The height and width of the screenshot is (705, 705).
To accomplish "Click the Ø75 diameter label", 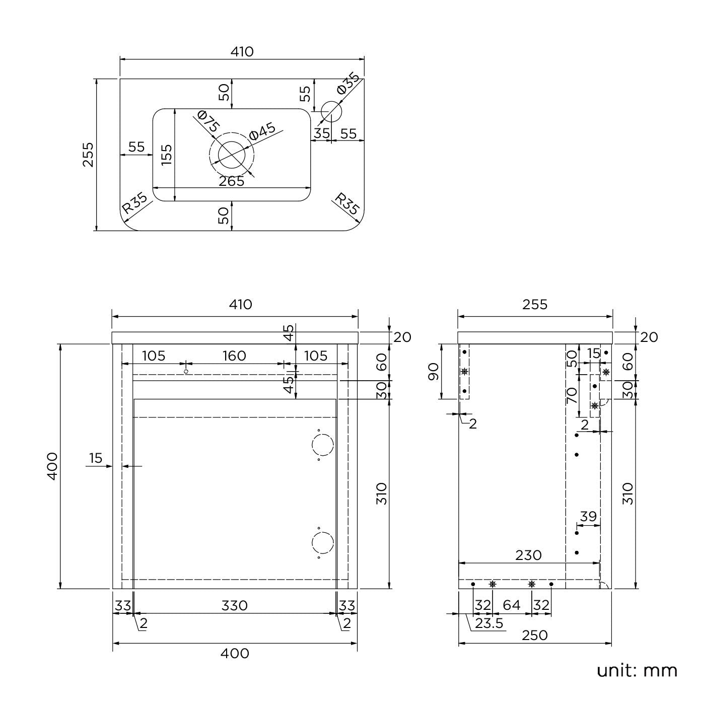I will tap(208, 122).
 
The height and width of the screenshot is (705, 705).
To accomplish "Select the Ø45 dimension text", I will tap(262, 132).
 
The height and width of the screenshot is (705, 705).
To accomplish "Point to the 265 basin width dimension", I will tap(232, 181).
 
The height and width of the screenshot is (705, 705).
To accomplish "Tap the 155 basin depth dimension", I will tap(167, 154).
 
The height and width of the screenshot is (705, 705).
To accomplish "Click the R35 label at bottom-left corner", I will tap(135, 203).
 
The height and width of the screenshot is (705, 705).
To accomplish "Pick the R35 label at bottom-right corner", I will tap(347, 203).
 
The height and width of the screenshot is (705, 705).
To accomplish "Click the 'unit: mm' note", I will tap(637, 670).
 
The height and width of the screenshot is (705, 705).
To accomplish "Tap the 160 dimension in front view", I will tap(234, 356).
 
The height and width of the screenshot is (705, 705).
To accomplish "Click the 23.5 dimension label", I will tap(489, 623).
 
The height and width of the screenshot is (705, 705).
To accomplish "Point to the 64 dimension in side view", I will tap(511, 605).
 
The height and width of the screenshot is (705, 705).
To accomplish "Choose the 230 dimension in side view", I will tap(528, 555).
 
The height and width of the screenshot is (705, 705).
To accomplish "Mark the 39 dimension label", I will tap(588, 517).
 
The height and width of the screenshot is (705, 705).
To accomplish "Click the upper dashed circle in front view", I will tap(322, 445).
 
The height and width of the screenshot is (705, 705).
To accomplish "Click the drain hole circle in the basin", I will tap(232, 155).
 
